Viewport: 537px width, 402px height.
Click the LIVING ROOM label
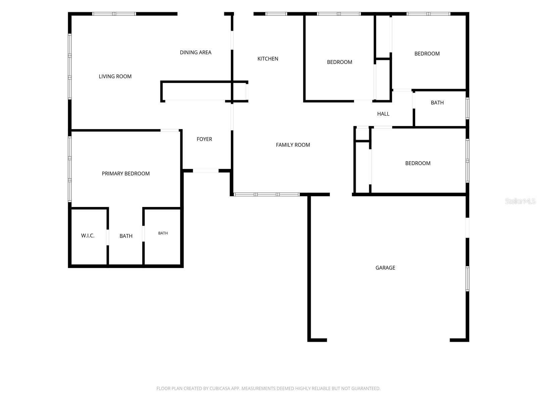115,76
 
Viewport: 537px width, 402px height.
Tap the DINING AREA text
195,53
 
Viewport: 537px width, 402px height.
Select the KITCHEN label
267,59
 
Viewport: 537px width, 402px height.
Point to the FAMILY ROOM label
293,145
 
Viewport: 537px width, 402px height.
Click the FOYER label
204,139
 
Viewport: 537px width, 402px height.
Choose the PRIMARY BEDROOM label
126,174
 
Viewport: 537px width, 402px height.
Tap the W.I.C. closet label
88,236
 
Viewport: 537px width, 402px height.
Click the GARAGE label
385,268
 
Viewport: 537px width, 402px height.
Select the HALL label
383,114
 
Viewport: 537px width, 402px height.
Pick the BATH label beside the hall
437,103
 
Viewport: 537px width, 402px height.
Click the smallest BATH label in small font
163,233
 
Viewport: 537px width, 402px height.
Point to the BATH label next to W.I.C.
126,236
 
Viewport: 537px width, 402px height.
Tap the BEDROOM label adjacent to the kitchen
340,62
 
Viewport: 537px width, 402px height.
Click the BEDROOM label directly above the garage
418,163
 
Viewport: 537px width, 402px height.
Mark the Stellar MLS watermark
520,201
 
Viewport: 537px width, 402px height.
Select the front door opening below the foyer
205,171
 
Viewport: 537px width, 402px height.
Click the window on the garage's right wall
467,279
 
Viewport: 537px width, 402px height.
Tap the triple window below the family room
267,195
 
